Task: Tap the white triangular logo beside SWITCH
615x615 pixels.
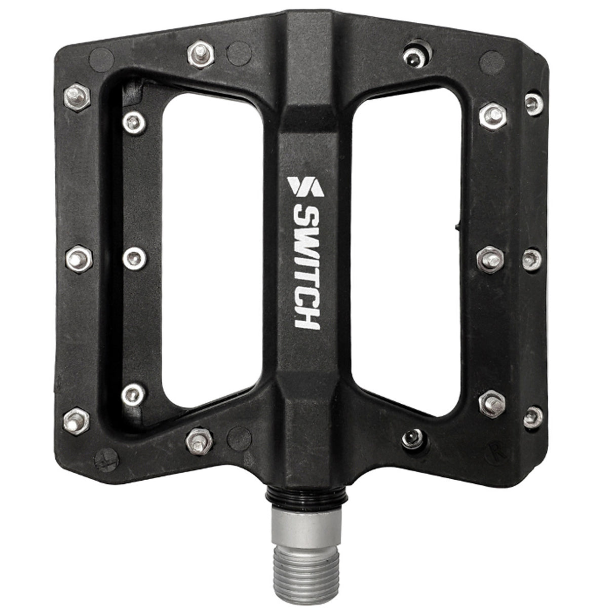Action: [306, 187]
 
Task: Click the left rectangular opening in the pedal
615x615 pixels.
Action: [213, 250]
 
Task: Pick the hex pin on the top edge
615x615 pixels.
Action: [201, 54]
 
